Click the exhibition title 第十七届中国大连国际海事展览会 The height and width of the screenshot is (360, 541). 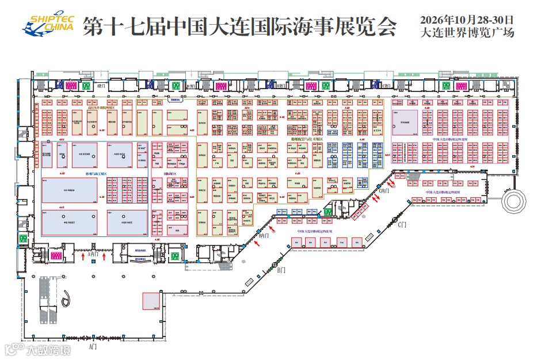[x=239, y=26]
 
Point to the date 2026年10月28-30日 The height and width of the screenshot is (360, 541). [x=467, y=20]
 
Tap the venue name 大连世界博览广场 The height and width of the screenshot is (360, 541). [x=467, y=33]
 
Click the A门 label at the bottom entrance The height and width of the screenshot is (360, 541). [x=93, y=347]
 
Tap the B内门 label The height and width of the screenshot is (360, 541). [x=264, y=235]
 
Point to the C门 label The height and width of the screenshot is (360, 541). [x=402, y=224]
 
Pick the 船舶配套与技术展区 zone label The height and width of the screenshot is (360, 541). [x=306, y=139]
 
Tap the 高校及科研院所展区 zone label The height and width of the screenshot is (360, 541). [x=101, y=108]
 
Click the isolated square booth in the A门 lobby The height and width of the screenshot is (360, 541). [x=151, y=301]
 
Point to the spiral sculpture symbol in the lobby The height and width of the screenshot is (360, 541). [x=68, y=297]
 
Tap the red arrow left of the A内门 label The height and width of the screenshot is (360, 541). [x=84, y=256]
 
